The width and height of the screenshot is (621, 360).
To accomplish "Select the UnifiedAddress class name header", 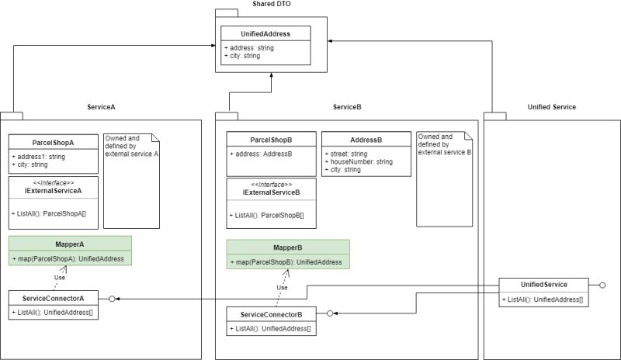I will click(x=265, y=33).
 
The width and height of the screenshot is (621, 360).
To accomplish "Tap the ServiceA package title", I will click(x=101, y=106).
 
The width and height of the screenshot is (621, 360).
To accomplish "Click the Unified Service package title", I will click(x=551, y=106).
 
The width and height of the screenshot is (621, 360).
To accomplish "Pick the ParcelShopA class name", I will click(x=53, y=143).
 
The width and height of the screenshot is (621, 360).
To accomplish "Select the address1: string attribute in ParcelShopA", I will click(x=39, y=157).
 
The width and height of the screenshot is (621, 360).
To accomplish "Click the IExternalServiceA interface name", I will click(x=53, y=190).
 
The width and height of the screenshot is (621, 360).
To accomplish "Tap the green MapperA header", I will click(x=70, y=243).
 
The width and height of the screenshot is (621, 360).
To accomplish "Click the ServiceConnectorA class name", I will click(x=54, y=298).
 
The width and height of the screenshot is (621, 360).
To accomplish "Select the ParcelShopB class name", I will click(x=271, y=140).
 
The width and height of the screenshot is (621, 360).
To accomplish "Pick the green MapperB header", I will click(x=287, y=247).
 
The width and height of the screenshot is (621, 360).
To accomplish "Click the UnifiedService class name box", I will click(x=543, y=286).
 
